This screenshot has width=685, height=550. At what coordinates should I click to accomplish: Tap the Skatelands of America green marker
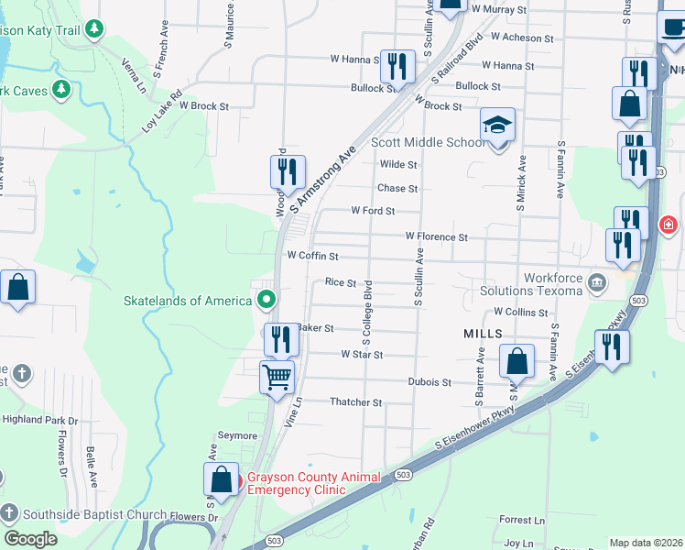pyautogui.click(x=266, y=300)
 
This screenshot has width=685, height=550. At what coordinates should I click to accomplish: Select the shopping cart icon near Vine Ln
pyautogui.click(x=277, y=377)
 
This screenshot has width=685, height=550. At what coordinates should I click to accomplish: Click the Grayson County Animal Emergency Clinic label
pyautogui.click(x=296, y=483)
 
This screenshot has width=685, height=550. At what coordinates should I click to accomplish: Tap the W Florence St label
pyautogui.click(x=437, y=236)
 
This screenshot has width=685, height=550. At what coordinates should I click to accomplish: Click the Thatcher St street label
pyautogui.click(x=355, y=402)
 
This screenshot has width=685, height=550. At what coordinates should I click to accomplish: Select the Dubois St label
pyautogui.click(x=429, y=381)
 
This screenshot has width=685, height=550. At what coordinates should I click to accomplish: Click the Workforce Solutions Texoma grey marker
pyautogui.click(x=598, y=281)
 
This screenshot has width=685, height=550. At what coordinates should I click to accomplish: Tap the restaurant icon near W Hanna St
pyautogui.click(x=397, y=66)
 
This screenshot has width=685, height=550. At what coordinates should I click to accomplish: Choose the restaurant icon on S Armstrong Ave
pyautogui.click(x=288, y=171)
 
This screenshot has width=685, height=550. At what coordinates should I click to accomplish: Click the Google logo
pyautogui.click(x=30, y=539)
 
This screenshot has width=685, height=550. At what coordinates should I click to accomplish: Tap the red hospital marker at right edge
pyautogui.click(x=669, y=224)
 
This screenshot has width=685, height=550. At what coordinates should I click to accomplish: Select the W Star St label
pyautogui.click(x=361, y=354)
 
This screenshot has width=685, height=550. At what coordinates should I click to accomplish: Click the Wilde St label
pyautogui.click(x=398, y=165)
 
